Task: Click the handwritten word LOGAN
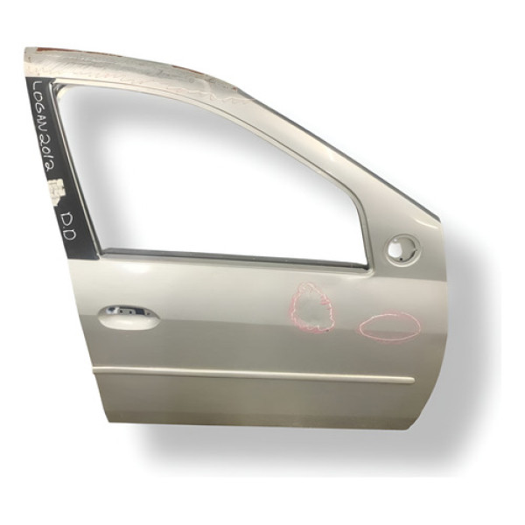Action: (x=39, y=112)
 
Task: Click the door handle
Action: (x=129, y=317)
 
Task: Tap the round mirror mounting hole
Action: (x=402, y=248)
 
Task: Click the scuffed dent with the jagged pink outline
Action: (x=311, y=309)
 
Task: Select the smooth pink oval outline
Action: (x=389, y=326)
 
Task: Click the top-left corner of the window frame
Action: (x=58, y=85)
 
